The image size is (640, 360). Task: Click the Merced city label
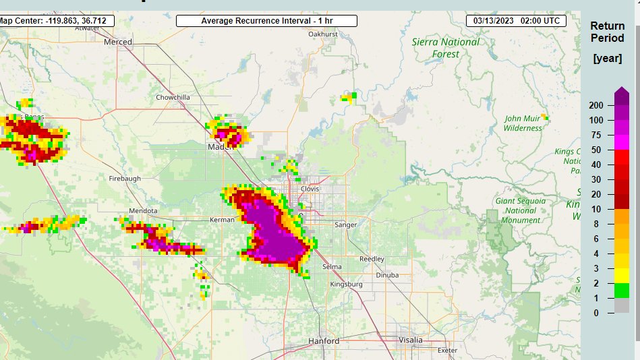pos(118,42)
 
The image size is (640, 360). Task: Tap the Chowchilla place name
pos(173,97)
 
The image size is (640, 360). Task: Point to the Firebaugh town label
pos(125,179)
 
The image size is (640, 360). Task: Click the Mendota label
pos(143,210)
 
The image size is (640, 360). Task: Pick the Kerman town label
pos(222,220)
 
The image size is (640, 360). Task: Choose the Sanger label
pos(345,224)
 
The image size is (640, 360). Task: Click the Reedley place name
pos(372,259)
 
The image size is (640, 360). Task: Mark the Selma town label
pos(332,267)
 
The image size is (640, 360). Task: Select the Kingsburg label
pos(346,284)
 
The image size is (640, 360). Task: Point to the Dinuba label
pos(387,275)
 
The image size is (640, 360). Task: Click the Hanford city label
pos(324,341)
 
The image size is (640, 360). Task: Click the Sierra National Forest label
pos(446,47)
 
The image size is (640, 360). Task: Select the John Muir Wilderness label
pos(523,123)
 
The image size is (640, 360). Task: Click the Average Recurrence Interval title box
pos(266,21)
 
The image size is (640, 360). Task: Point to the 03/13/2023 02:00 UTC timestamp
pos(516,21)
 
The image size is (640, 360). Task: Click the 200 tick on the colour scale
pos(595,106)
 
